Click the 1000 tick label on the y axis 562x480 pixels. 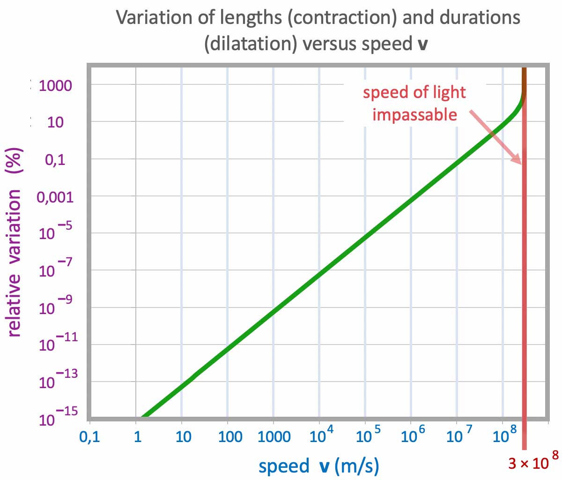point(55,85)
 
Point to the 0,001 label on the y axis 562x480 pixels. point(55,197)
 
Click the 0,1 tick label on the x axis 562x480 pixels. point(90,437)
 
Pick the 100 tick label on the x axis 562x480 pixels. point(230,437)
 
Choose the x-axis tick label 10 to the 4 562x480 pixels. point(321,435)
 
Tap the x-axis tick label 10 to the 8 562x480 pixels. point(505,435)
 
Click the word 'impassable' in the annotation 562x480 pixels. point(414,115)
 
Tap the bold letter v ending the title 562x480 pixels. point(422,45)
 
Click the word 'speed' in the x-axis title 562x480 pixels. point(284,466)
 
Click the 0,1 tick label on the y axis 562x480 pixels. point(55,159)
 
